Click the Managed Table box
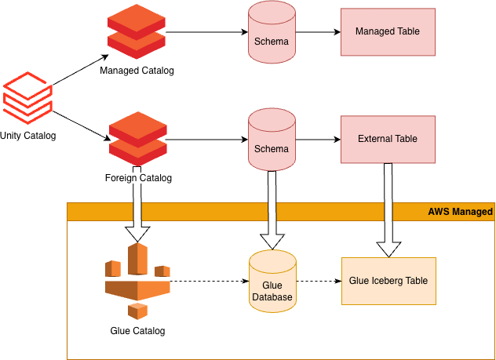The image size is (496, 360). coord(388,32)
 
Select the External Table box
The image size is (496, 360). coord(388,139)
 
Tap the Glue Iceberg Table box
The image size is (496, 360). coord(388,280)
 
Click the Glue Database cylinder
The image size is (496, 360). coord(272,282)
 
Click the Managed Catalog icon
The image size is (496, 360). coord(137,31)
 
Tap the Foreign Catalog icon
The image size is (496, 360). coord(137,139)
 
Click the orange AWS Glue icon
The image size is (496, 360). coord(137,279)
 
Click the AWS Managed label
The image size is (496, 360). coord(460,212)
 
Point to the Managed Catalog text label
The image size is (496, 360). coord(137,71)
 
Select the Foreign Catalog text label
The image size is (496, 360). coord(138,178)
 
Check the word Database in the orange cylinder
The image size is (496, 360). coord(272,297)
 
